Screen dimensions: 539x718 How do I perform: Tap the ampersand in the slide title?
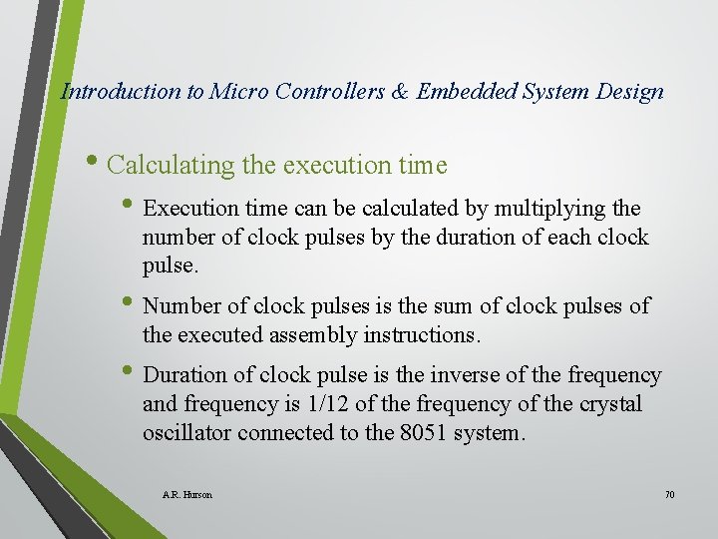tap(399, 92)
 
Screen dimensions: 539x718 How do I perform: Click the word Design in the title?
tap(626, 92)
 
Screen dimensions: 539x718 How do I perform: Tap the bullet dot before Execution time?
tap(134, 208)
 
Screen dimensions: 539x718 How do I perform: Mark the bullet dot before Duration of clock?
tap(134, 373)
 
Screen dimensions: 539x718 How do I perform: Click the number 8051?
tap(422, 433)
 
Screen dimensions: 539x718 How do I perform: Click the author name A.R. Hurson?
tap(186, 494)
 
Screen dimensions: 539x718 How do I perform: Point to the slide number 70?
tap(668, 494)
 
